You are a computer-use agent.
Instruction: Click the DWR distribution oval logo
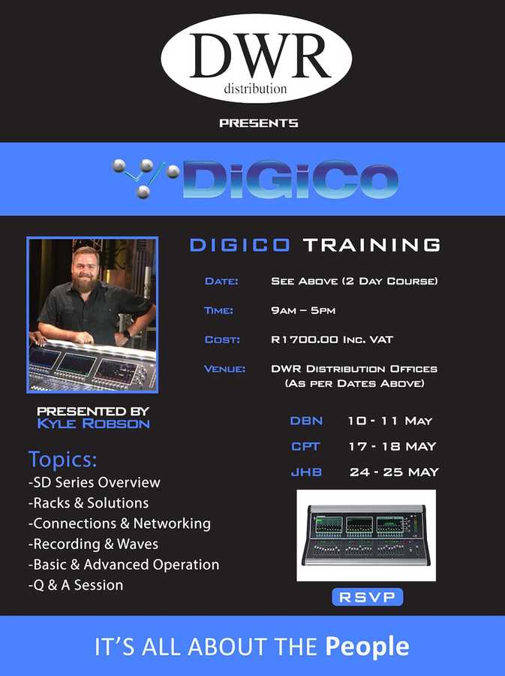[x=256, y=58]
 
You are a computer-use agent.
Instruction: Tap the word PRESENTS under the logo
[x=259, y=122]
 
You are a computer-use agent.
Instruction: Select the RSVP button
[x=368, y=597]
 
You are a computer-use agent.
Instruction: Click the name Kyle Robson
[x=93, y=424]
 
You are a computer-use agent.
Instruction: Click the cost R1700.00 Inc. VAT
[x=332, y=340]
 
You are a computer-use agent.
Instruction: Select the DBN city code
[x=306, y=421]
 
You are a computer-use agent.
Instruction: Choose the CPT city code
[x=305, y=446]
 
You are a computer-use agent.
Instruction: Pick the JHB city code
[x=305, y=472]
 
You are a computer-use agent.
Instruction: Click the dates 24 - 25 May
[x=394, y=472]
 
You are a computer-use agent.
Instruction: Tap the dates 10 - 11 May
[x=390, y=421]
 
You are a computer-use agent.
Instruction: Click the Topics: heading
[x=63, y=459]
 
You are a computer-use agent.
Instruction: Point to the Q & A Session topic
[x=75, y=584]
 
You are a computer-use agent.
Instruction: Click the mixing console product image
[x=365, y=536]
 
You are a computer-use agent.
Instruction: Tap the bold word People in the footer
[x=368, y=646]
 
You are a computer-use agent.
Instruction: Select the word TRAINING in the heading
[x=371, y=245]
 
